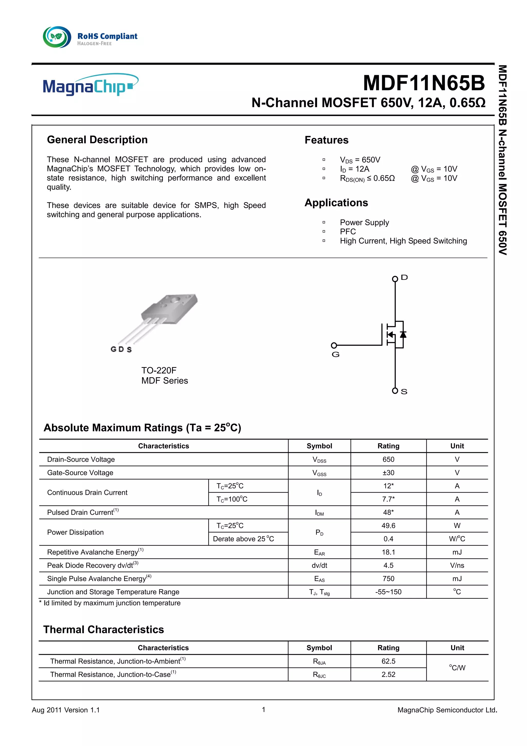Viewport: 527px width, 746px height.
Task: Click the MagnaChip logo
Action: click(90, 85)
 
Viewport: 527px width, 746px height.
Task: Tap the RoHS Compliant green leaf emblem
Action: click(57, 37)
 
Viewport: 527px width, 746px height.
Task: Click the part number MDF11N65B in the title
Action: click(423, 83)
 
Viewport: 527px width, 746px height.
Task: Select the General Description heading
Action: click(97, 140)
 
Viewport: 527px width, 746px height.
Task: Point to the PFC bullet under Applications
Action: click(347, 232)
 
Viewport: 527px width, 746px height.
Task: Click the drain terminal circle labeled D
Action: click(395, 279)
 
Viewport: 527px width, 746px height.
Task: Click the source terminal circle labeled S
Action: click(395, 391)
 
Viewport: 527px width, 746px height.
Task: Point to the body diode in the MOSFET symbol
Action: click(403, 334)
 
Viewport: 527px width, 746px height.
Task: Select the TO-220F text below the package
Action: click(159, 370)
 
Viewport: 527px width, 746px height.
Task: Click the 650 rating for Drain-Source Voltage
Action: click(388, 459)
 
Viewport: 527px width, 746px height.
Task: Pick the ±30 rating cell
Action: click(388, 473)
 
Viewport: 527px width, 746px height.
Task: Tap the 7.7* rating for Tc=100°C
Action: click(388, 499)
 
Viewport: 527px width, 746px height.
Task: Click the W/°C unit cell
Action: click(457, 539)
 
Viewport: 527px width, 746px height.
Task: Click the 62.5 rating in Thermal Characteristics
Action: click(388, 661)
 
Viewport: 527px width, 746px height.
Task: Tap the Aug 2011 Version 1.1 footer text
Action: click(66, 710)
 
